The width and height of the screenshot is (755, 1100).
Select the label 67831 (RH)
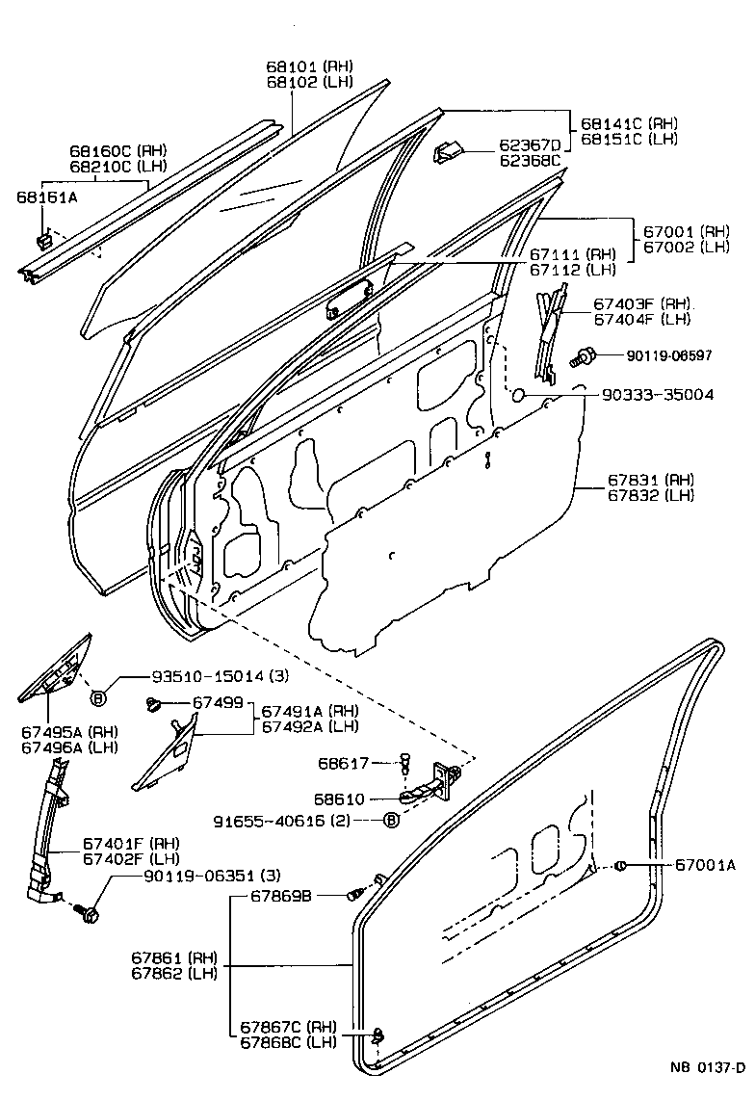coord(650,480)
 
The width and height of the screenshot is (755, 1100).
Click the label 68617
coord(344,764)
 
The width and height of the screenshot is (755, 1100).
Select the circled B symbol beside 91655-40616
coord(390,821)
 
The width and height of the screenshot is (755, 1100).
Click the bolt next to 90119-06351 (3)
coord(90,910)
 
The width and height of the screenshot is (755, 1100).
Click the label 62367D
coord(529,145)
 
